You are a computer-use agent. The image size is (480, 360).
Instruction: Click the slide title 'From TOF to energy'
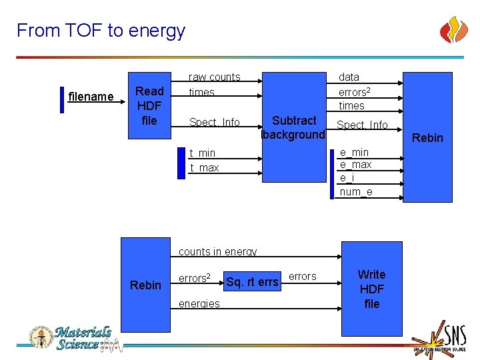coord(101,31)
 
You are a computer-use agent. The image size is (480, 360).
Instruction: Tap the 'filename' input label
coord(91,97)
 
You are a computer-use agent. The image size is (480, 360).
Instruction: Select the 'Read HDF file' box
coord(149,105)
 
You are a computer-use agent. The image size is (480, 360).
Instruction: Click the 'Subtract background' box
coord(294,127)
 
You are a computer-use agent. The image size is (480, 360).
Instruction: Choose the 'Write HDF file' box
coord(371,289)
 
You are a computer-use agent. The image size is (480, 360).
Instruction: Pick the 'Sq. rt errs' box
coord(252,282)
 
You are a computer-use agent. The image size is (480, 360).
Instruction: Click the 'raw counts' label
coord(214,77)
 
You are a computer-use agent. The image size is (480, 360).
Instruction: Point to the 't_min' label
coord(203,153)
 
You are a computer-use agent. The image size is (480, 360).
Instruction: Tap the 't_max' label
coord(204,168)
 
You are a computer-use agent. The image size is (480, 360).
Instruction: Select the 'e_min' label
coord(354,152)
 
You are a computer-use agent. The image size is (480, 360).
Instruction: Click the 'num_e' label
coord(356,192)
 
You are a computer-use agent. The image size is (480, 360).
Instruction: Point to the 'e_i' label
coord(347,178)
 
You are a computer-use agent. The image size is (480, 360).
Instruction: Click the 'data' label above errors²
coord(349,77)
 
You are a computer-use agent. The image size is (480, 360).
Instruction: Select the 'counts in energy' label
coord(217,252)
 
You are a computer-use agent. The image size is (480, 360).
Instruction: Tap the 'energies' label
coord(199,303)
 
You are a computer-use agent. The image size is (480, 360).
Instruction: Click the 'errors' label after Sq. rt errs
coord(302,277)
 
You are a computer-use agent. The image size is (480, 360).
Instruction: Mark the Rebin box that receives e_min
coord(428,137)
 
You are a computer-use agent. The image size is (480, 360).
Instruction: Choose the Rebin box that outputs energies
coord(145,285)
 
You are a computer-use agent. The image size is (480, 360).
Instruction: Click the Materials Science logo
coord(70,338)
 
